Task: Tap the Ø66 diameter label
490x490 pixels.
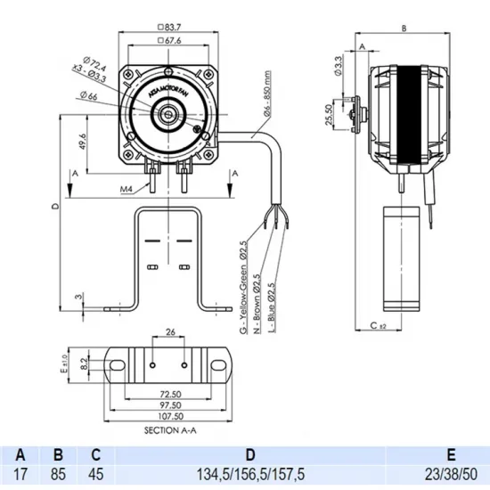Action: click(x=88, y=95)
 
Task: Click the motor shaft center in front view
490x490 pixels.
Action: click(x=167, y=114)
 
